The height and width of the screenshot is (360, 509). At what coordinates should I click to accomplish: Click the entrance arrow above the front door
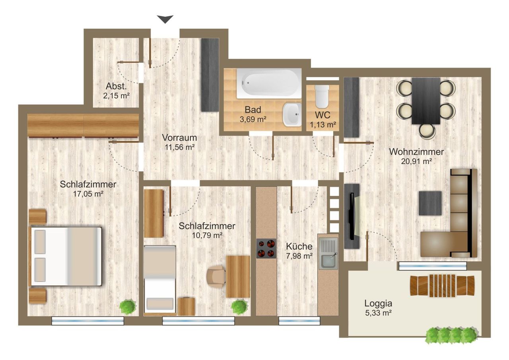165,19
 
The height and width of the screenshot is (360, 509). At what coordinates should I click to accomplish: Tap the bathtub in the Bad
269,83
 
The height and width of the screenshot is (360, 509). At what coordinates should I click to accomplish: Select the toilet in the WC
322,97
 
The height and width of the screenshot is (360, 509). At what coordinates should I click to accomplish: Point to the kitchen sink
328,252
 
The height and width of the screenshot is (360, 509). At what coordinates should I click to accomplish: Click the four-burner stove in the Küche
266,248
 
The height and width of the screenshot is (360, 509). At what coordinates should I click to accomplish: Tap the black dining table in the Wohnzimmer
426,101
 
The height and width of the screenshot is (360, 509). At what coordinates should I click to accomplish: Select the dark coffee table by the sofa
430,203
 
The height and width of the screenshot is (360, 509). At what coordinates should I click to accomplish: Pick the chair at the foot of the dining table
427,131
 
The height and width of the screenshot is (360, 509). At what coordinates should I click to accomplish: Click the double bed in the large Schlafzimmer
65,256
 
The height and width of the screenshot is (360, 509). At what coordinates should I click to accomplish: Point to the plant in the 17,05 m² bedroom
128,307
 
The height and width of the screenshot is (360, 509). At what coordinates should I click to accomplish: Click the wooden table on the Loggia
442,285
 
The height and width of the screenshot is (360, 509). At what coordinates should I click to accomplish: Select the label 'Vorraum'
179,137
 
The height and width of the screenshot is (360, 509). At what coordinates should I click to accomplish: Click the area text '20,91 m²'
416,161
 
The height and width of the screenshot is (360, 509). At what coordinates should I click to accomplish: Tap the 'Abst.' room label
116,86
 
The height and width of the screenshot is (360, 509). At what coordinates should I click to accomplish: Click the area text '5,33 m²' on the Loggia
378,313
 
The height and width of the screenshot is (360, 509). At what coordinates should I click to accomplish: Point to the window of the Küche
299,321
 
